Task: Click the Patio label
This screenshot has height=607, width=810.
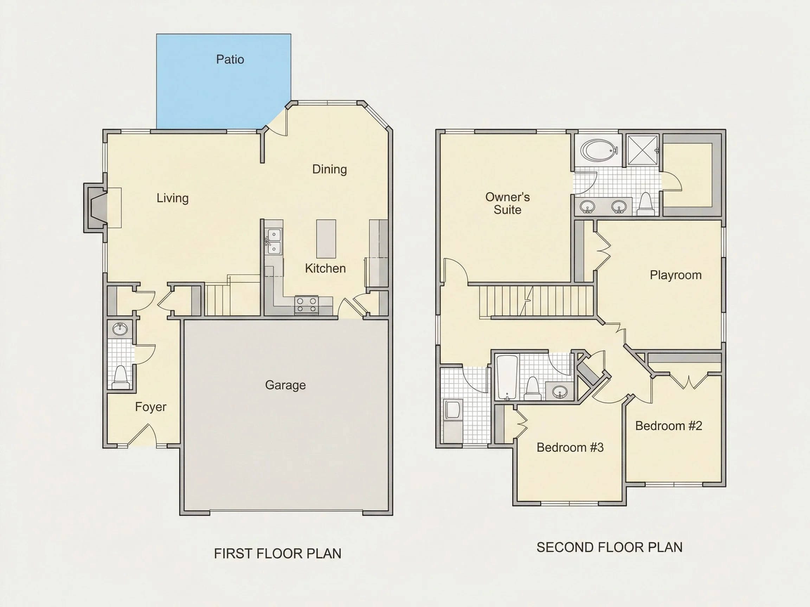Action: click(x=230, y=59)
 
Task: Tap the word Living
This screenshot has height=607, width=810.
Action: click(x=173, y=198)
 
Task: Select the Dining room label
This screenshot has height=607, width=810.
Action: click(x=329, y=169)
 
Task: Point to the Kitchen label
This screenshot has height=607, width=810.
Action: click(x=326, y=268)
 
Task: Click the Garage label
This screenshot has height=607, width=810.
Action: click(x=285, y=385)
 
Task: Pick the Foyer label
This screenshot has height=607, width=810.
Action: click(x=150, y=407)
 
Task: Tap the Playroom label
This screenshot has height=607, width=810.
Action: click(x=676, y=275)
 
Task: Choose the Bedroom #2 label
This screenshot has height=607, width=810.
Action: click(x=669, y=425)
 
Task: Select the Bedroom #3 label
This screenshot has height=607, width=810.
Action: click(x=570, y=447)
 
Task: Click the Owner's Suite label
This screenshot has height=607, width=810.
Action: click(x=508, y=203)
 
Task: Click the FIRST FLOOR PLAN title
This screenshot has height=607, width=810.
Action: click(x=278, y=554)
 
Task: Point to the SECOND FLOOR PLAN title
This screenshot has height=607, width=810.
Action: click(x=609, y=547)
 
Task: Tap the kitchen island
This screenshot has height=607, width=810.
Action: click(x=326, y=239)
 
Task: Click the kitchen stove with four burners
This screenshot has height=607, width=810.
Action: click(x=307, y=305)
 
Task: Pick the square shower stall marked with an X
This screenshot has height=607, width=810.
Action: click(x=643, y=150)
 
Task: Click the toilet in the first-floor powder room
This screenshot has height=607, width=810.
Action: click(x=121, y=377)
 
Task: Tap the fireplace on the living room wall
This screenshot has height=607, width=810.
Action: click(x=96, y=208)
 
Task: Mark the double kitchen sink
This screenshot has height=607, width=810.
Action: click(x=274, y=241)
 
